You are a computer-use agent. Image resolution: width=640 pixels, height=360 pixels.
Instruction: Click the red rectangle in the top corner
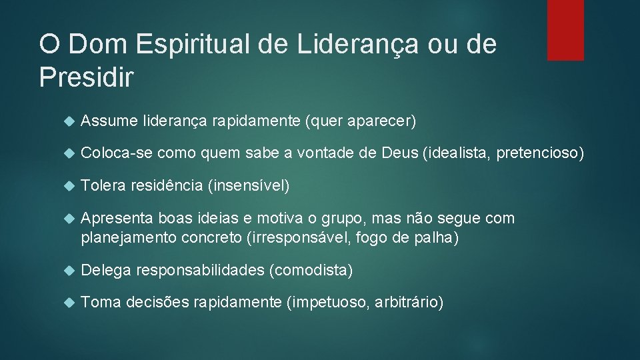(565, 30)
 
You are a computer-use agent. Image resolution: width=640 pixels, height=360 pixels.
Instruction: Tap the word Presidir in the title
(86, 77)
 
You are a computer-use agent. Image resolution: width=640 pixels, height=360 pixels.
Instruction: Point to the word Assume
(108, 121)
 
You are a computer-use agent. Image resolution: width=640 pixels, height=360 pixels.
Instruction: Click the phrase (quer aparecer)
(360, 121)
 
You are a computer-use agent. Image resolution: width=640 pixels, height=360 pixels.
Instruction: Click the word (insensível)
(249, 186)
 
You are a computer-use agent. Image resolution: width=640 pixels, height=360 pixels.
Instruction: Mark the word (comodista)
(310, 270)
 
